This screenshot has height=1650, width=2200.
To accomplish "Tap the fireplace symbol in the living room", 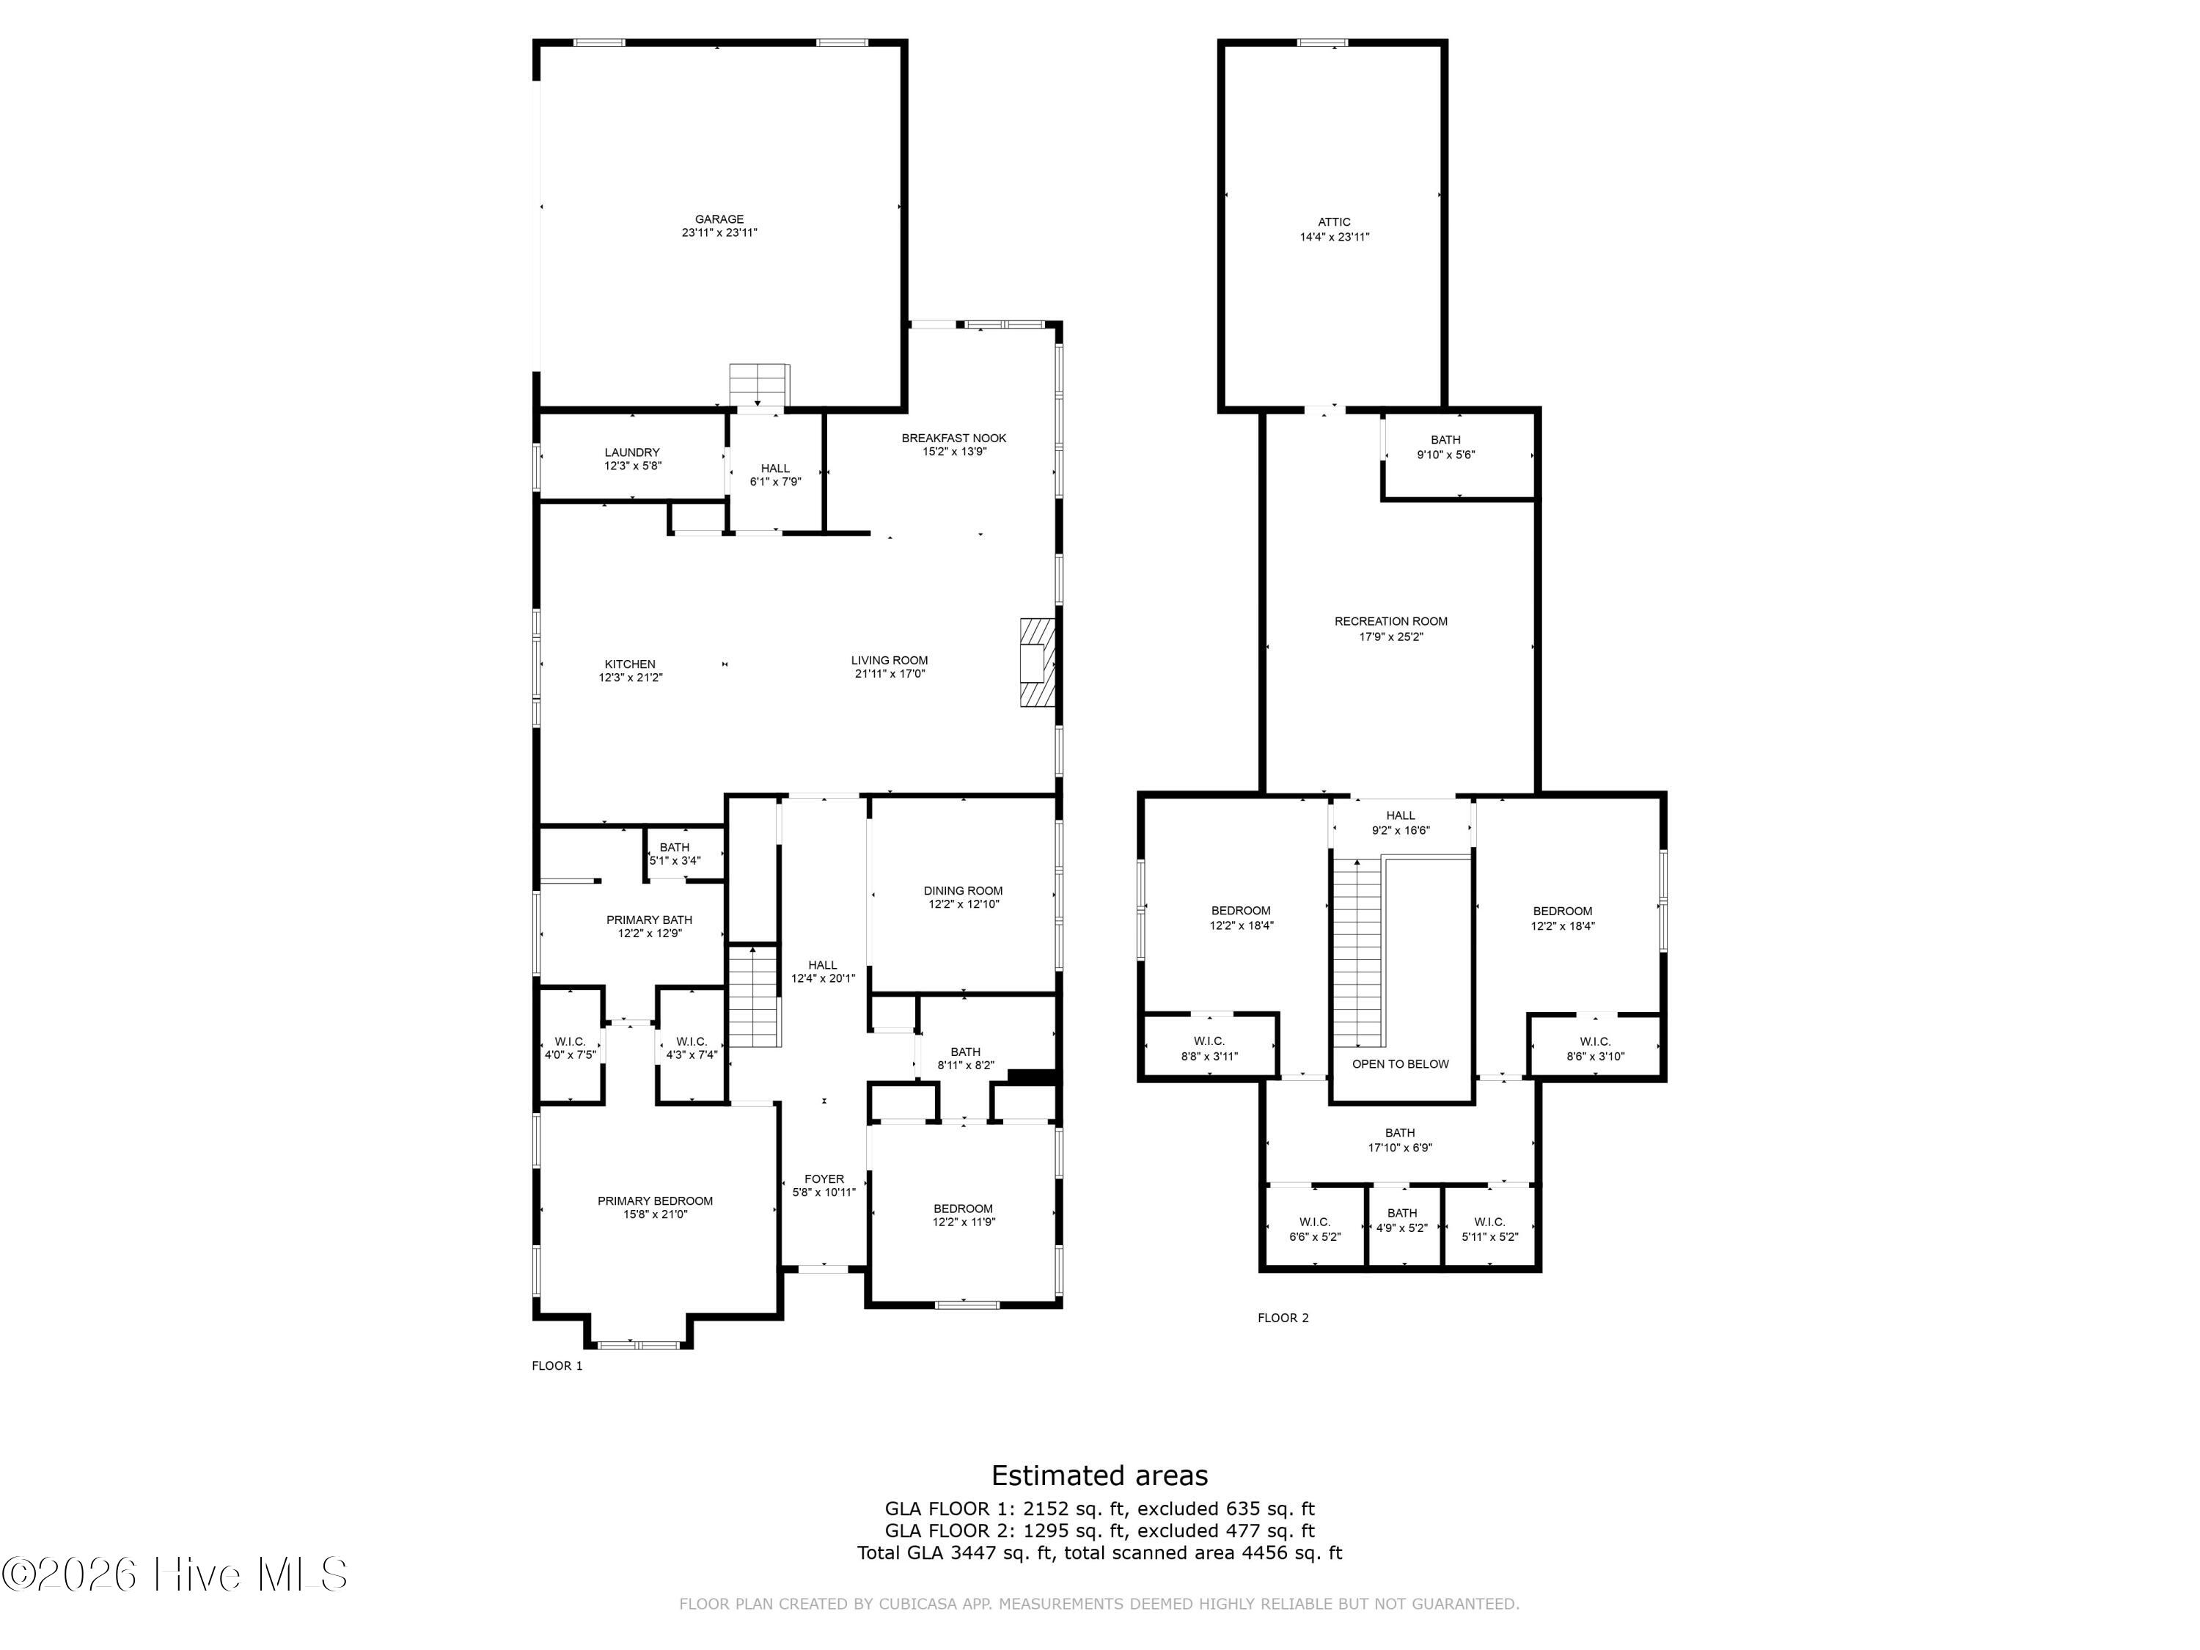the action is [1036, 662].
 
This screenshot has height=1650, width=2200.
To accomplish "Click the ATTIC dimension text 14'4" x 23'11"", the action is [1334, 237].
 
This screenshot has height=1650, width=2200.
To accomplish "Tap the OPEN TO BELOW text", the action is [1401, 1064].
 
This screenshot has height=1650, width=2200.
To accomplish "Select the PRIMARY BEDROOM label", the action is [656, 1200].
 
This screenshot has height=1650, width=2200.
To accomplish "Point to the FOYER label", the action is [824, 1178].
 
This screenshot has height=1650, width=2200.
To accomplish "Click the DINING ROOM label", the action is [963, 891].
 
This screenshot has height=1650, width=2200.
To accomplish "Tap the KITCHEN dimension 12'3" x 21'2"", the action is [631, 678].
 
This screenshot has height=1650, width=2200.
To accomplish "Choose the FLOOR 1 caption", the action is [557, 1365].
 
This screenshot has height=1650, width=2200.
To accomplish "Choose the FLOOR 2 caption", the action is [1283, 1318].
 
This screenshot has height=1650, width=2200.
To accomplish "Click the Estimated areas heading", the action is [1099, 1475].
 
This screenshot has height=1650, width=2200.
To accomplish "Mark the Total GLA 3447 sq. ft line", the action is [1099, 1552].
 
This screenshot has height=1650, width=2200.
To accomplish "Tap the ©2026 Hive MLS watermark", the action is [175, 1574].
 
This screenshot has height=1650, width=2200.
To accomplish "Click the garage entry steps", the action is [759, 386].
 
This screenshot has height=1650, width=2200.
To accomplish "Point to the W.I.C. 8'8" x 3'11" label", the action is [1209, 1048].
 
